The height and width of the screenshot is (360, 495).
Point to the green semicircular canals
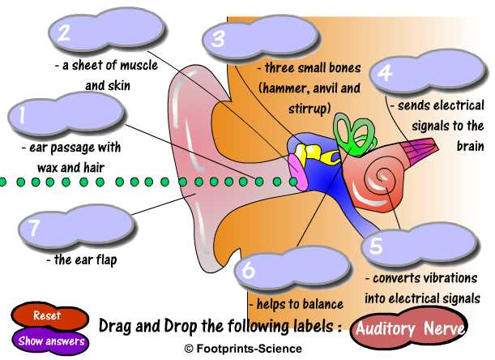350,132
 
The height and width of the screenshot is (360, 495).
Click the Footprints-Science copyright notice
242,349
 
